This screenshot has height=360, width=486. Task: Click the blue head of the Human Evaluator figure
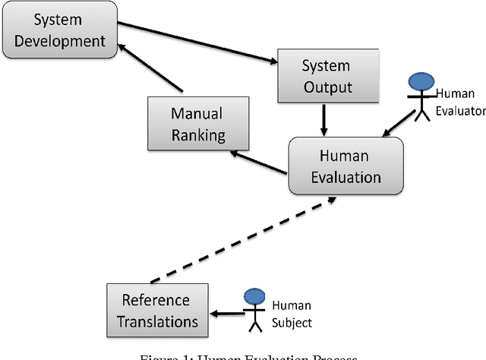coord(420,82)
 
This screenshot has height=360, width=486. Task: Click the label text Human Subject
coord(291,314)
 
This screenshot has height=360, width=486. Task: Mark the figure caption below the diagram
coord(243,355)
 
